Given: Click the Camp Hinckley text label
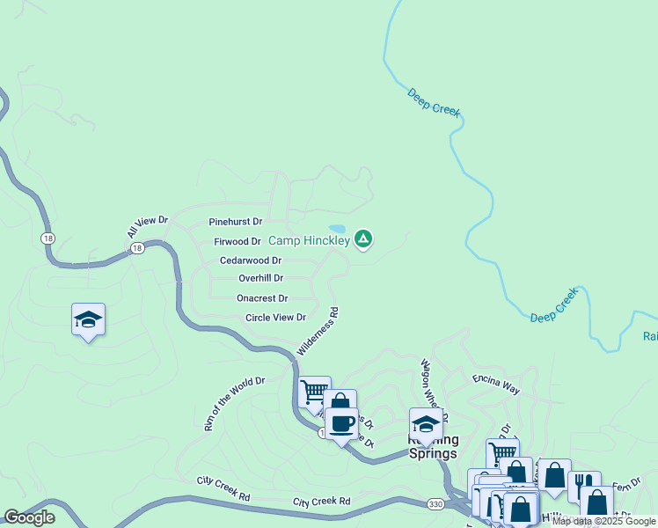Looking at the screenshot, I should click(x=308, y=240).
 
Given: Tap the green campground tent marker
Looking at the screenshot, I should click(x=363, y=238).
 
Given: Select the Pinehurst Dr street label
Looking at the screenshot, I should click(x=236, y=222).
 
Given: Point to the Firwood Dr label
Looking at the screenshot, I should click(x=238, y=241).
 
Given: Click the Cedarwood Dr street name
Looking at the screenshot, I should click(x=250, y=260).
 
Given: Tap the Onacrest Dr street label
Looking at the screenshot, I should click(x=262, y=298).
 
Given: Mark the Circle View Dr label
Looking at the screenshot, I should click(x=275, y=318).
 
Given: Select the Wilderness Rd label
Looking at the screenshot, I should click(x=318, y=331).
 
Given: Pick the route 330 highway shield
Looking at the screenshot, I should click(x=435, y=503).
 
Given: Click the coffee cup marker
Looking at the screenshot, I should click(x=341, y=423).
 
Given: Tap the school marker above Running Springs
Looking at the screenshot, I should click(x=426, y=422).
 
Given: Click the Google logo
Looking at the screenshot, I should click(x=30, y=517).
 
